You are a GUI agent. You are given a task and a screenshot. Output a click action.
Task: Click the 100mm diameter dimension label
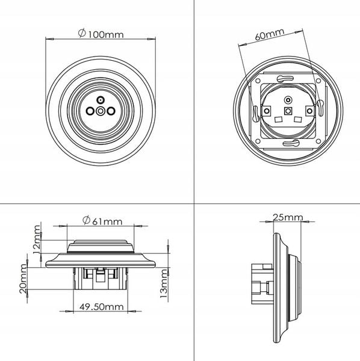pos(101,34)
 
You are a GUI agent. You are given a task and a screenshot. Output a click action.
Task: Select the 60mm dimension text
pos(270,34)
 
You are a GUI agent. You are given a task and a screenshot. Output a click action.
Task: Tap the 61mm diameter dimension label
pos(102,221)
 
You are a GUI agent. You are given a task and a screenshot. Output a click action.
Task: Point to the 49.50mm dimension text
pos(102,307)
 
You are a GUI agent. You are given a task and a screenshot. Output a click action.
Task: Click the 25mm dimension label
pos(288,217)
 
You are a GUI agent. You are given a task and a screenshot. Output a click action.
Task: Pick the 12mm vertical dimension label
pos(37,239)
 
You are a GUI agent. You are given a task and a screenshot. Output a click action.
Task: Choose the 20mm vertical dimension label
pos(23,279)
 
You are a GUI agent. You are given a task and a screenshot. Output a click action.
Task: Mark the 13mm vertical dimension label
pos(164,283)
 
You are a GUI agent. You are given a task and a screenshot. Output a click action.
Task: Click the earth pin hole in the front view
pos(100,100)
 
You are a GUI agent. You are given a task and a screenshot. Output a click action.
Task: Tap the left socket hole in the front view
pos(90,111)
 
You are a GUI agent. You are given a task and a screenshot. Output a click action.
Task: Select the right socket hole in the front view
pos(111,111)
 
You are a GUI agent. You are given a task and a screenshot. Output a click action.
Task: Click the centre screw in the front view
pos(101,111)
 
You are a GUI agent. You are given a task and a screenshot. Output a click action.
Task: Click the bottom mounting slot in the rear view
pos(290,144)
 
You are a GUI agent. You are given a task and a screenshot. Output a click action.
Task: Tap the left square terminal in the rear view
pos(267,111)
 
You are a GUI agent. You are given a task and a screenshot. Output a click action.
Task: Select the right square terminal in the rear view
pos(310,111)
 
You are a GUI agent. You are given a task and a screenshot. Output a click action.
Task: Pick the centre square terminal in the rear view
pos(288,111)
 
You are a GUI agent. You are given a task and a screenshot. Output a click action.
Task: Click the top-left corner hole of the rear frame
pos(258,81)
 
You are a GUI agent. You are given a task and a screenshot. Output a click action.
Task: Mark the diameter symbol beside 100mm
pos(82,33)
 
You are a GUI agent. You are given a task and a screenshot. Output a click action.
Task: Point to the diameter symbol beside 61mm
pos(86,220)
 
